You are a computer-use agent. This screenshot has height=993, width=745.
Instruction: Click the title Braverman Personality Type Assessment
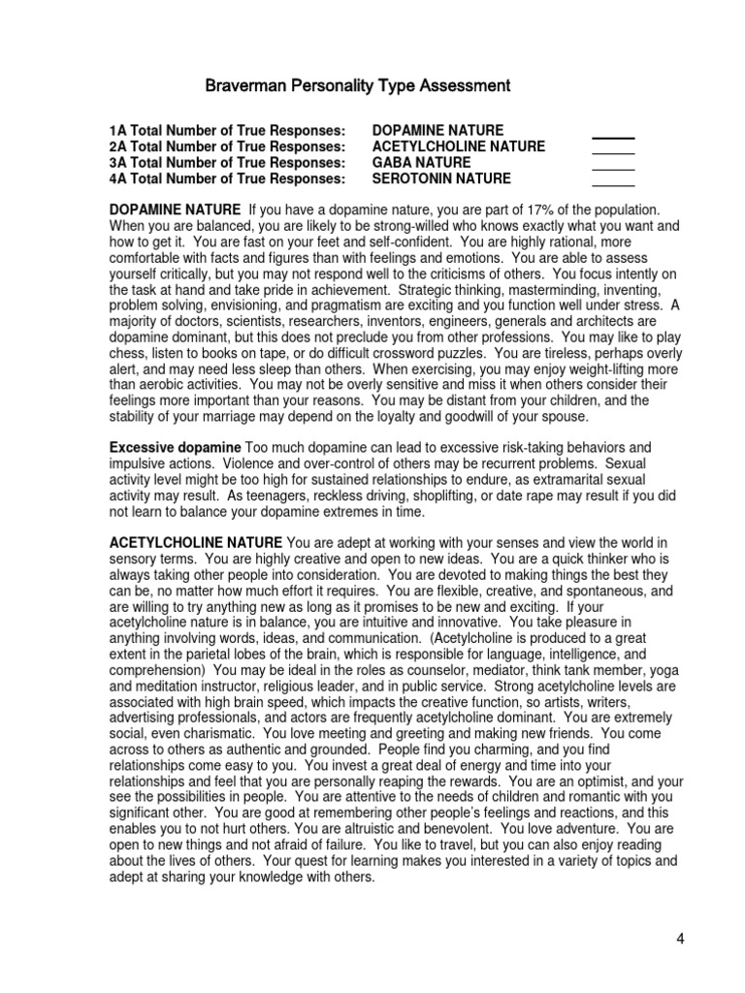(x=357, y=86)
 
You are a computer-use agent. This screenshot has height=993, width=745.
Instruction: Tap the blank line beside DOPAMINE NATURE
(x=612, y=137)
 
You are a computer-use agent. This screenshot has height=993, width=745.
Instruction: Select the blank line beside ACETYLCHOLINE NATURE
(x=612, y=153)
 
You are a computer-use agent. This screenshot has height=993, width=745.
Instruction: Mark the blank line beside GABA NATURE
(x=612, y=170)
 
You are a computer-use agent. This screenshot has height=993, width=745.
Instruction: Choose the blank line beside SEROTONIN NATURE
(x=612, y=185)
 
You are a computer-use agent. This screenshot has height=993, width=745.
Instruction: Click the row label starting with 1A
(x=227, y=130)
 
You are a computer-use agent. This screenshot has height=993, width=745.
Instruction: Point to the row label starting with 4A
(x=227, y=179)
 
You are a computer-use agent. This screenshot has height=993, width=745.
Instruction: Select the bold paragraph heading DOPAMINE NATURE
(x=175, y=209)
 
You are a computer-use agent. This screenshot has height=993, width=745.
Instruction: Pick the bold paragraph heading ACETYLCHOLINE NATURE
(x=196, y=540)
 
